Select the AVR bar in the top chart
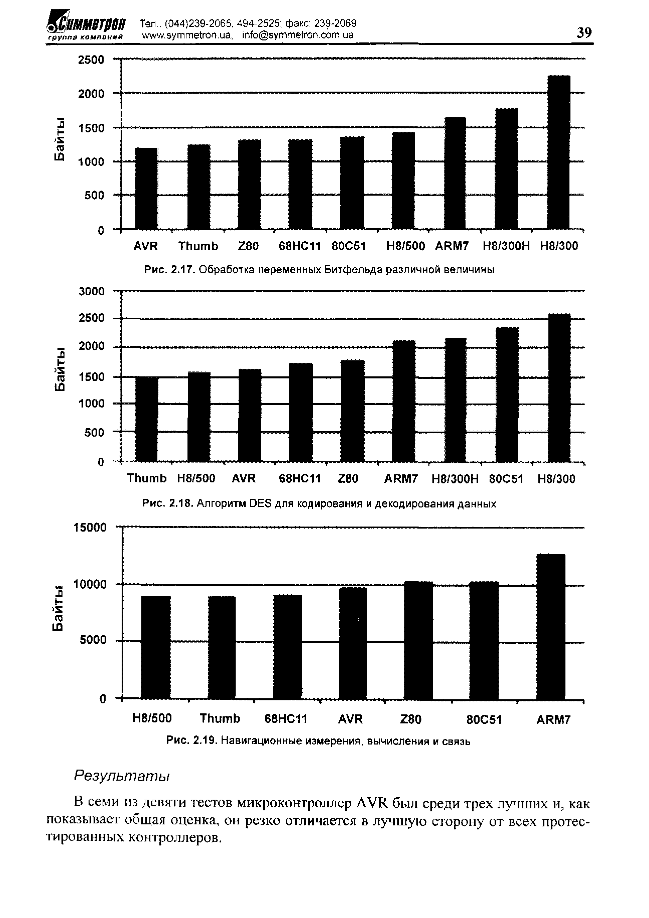click(x=146, y=188)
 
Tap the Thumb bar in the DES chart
click(x=146, y=419)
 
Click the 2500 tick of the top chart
click(x=91, y=60)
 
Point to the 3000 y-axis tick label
click(x=92, y=292)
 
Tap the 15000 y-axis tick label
click(x=90, y=528)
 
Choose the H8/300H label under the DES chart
click(x=455, y=479)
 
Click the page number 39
click(x=584, y=32)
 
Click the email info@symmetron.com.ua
click(x=298, y=35)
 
